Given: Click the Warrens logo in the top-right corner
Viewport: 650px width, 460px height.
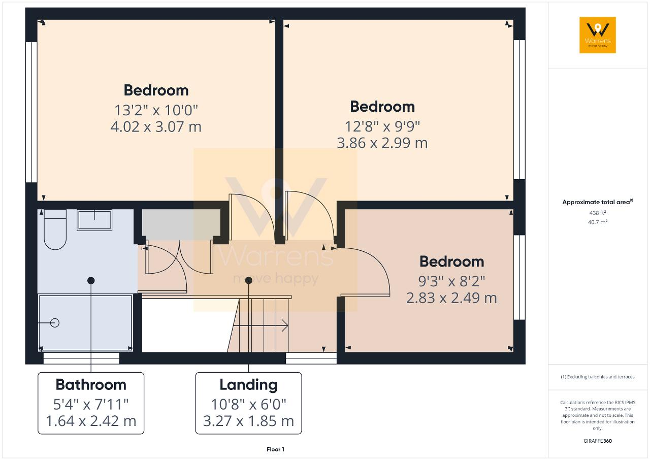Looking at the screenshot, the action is point(598,35).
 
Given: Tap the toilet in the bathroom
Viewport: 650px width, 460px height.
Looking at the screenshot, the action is point(55,229).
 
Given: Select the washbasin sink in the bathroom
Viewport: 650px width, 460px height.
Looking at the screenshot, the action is point(94,220).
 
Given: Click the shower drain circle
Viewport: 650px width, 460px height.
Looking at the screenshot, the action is point(54,323).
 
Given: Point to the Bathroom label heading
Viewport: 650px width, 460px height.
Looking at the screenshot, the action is point(91,384).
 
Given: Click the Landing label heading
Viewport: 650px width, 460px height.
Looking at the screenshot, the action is point(248,385).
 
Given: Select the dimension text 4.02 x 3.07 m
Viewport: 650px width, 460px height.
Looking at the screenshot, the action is point(156,127).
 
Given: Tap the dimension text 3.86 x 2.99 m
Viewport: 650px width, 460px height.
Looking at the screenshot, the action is point(382,143).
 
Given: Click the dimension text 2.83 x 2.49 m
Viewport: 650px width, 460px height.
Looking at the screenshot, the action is point(451,298).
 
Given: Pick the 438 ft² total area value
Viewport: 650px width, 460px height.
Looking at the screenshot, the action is point(598,213).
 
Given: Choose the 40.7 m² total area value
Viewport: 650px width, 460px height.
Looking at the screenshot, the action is point(598,222).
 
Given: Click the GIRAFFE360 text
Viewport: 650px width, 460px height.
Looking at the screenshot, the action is point(598,441).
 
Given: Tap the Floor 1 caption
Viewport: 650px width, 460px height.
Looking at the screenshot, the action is point(275,449).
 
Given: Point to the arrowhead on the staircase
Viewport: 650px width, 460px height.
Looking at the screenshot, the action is point(285,325).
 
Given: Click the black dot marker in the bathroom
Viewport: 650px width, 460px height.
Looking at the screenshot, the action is point(91,280).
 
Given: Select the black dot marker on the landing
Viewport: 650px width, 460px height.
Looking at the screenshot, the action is point(248,280).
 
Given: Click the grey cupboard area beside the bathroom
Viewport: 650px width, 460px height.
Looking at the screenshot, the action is point(181,224).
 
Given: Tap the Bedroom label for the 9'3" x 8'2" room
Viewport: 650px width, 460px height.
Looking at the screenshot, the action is point(451,261).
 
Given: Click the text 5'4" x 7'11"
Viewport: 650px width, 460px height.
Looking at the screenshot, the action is point(91,404).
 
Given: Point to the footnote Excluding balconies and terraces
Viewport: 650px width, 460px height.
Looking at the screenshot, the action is point(598,377).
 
